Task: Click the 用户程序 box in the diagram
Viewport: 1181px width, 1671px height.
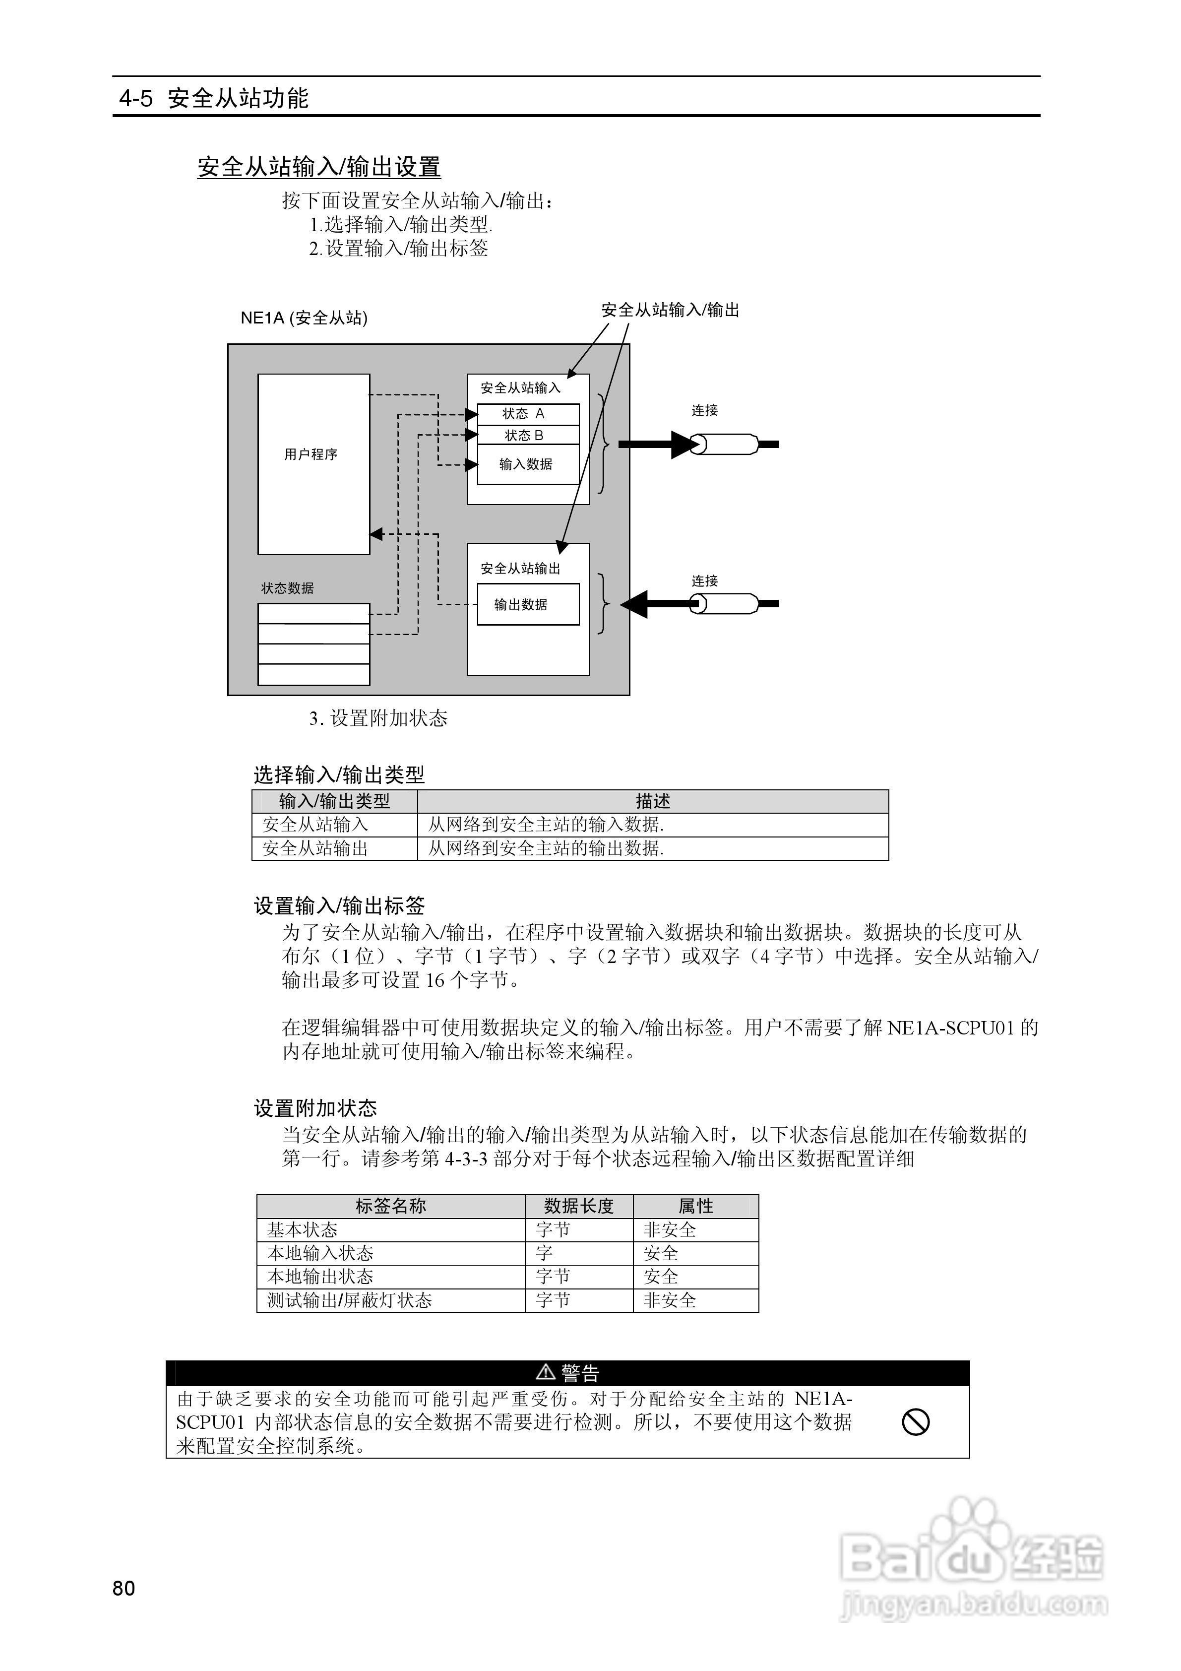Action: pyautogui.click(x=313, y=463)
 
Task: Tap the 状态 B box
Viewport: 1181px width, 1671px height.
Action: pyautogui.click(x=528, y=435)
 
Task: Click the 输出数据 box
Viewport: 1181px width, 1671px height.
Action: pyautogui.click(x=528, y=604)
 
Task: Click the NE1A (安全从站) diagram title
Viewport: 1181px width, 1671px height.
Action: pyautogui.click(x=304, y=318)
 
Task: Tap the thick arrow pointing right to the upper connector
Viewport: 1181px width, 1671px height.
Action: pyautogui.click(x=655, y=444)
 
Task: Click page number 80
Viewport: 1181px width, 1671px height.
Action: pyautogui.click(x=124, y=1588)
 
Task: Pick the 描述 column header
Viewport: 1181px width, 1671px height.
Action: pyautogui.click(x=653, y=801)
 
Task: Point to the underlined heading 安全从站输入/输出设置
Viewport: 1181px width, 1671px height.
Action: pyautogui.click(x=319, y=167)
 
